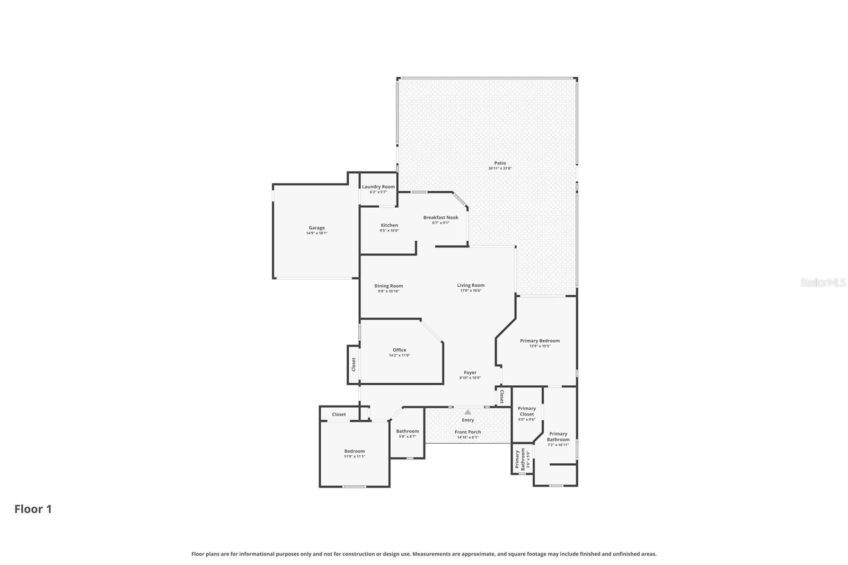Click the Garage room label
[x=316, y=228]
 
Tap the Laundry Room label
[x=378, y=187]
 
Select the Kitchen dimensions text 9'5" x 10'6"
[x=389, y=231]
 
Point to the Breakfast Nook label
[x=440, y=217]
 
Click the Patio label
[x=500, y=163]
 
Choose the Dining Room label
[x=388, y=286]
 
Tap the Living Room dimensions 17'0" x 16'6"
[x=470, y=290]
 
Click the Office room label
[x=399, y=350]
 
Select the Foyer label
[x=470, y=373]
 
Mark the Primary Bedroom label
[x=540, y=341]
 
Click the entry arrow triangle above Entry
[x=467, y=412]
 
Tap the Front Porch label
[x=467, y=432]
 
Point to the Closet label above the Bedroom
[x=339, y=414]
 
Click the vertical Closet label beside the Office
[x=354, y=364]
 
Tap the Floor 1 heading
[x=33, y=509]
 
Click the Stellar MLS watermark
[x=823, y=282]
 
